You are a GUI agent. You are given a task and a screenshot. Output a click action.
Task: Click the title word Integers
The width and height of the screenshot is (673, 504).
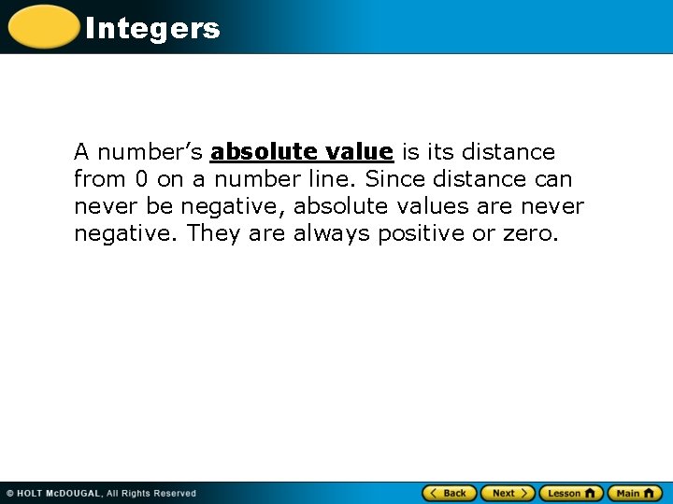[152, 29]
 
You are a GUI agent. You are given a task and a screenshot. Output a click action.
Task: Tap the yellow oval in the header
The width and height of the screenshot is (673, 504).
[43, 27]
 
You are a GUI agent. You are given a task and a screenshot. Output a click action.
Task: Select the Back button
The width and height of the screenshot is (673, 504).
[450, 493]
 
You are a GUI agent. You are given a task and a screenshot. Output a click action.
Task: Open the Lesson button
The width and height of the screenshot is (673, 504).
[570, 493]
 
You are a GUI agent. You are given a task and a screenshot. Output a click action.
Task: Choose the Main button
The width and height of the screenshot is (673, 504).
[635, 493]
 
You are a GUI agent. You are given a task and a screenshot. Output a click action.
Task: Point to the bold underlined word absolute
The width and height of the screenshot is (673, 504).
[269, 151]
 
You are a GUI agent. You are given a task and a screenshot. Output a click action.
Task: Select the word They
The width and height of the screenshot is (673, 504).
[213, 232]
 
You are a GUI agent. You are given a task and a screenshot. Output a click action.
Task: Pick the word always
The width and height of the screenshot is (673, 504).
[332, 232]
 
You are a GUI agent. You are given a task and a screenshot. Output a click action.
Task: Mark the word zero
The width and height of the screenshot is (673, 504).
[529, 232]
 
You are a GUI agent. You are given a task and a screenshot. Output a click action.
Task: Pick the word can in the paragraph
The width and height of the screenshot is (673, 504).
[553, 178]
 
